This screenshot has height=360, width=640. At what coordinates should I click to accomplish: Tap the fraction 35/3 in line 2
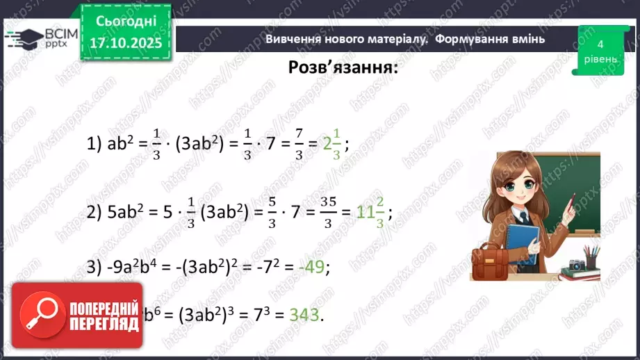[x=328, y=214]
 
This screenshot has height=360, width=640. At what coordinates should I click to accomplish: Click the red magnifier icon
[x=41, y=320]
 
